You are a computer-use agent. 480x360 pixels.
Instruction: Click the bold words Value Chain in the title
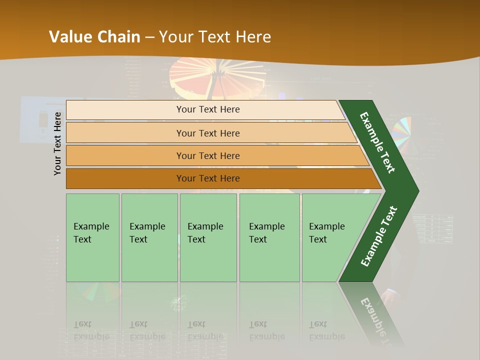point(94,36)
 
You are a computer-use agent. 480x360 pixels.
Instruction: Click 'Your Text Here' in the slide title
point(215,36)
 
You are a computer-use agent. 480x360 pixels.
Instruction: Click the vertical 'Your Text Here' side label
point(57,143)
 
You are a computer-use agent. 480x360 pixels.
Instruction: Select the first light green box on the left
point(92,237)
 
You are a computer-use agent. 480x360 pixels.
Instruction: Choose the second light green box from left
point(149,237)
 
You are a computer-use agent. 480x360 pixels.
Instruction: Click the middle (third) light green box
point(208,237)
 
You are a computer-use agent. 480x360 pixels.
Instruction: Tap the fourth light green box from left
point(269,237)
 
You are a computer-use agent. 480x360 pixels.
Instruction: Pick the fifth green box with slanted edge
point(330,237)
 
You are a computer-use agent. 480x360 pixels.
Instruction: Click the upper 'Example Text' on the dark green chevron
point(377,142)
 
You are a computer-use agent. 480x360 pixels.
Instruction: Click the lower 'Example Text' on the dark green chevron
point(379,236)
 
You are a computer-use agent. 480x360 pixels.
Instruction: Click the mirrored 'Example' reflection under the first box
point(91,336)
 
